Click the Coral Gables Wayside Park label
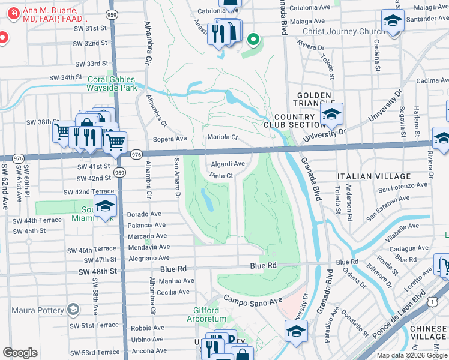(x=113, y=83)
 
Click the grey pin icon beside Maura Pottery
(x=73, y=310)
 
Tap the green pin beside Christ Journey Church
(x=253, y=40)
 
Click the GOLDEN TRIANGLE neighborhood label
(x=313, y=100)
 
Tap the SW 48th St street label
(x=97, y=272)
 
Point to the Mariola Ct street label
(x=223, y=137)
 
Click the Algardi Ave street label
(x=228, y=164)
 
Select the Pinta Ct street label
(x=221, y=175)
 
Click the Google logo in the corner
(x=20, y=353)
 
